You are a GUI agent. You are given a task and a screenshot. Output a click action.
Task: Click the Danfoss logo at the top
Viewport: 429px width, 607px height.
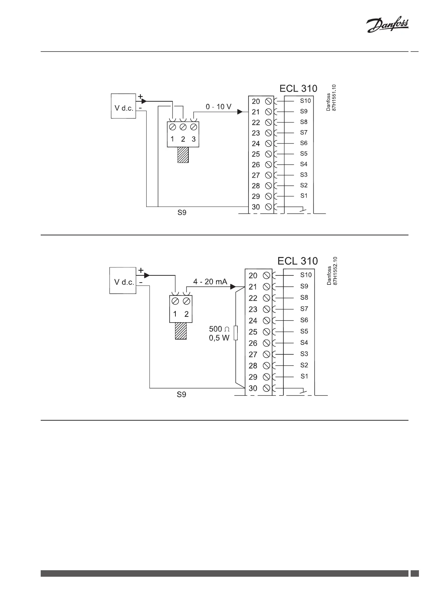click(387, 26)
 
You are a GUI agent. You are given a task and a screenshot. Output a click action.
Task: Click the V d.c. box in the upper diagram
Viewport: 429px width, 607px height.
click(124, 106)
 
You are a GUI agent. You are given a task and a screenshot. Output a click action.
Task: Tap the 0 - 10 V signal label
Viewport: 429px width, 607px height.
click(218, 107)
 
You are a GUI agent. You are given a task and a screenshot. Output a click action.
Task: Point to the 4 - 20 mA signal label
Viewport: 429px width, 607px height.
click(210, 282)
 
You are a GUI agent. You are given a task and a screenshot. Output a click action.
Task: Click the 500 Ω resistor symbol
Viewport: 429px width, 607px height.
click(236, 333)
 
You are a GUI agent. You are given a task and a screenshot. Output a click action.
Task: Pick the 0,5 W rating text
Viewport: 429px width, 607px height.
click(219, 338)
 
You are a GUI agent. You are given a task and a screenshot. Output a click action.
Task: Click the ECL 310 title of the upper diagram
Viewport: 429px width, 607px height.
click(298, 89)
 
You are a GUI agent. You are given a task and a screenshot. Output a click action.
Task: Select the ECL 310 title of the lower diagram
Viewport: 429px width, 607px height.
click(298, 261)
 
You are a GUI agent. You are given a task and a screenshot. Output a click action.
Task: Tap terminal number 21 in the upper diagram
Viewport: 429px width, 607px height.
click(256, 112)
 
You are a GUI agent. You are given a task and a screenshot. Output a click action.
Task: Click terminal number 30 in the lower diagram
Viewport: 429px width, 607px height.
click(253, 389)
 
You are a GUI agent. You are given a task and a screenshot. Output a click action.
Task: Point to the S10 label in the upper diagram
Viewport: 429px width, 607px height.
click(305, 101)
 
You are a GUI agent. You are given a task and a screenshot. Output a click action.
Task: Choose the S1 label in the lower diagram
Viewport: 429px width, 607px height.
click(304, 376)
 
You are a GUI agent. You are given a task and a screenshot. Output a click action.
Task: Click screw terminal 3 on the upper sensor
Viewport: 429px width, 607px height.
click(193, 127)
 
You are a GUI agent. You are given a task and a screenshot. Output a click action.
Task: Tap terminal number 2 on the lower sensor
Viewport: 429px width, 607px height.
click(187, 314)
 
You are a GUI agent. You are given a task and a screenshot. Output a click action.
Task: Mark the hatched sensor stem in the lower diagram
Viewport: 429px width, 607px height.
click(180, 331)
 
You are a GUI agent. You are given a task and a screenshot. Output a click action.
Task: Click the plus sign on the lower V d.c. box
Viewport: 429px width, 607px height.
click(141, 270)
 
